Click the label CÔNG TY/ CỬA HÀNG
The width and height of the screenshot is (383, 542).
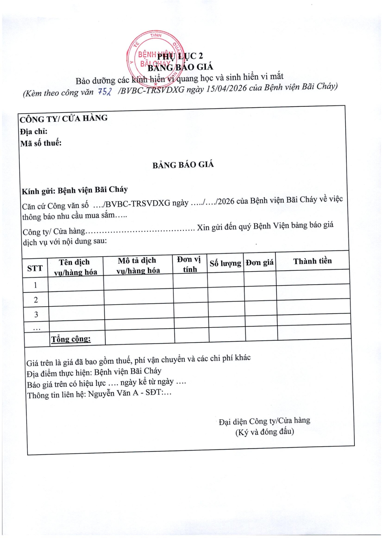63,118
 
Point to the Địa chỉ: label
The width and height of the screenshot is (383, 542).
34,131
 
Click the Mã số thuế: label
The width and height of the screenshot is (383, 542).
41,143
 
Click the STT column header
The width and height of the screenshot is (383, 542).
35,268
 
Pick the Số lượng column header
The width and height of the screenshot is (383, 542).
225,263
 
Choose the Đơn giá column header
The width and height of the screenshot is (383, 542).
259,263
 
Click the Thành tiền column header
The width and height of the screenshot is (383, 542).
312,261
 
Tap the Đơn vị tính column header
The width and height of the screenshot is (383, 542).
190,264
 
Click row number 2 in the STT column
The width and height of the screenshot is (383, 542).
35,300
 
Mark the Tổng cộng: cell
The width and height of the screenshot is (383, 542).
71,339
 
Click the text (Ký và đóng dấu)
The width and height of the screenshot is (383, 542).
265,432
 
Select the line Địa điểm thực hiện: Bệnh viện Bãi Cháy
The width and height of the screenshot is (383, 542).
94,371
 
